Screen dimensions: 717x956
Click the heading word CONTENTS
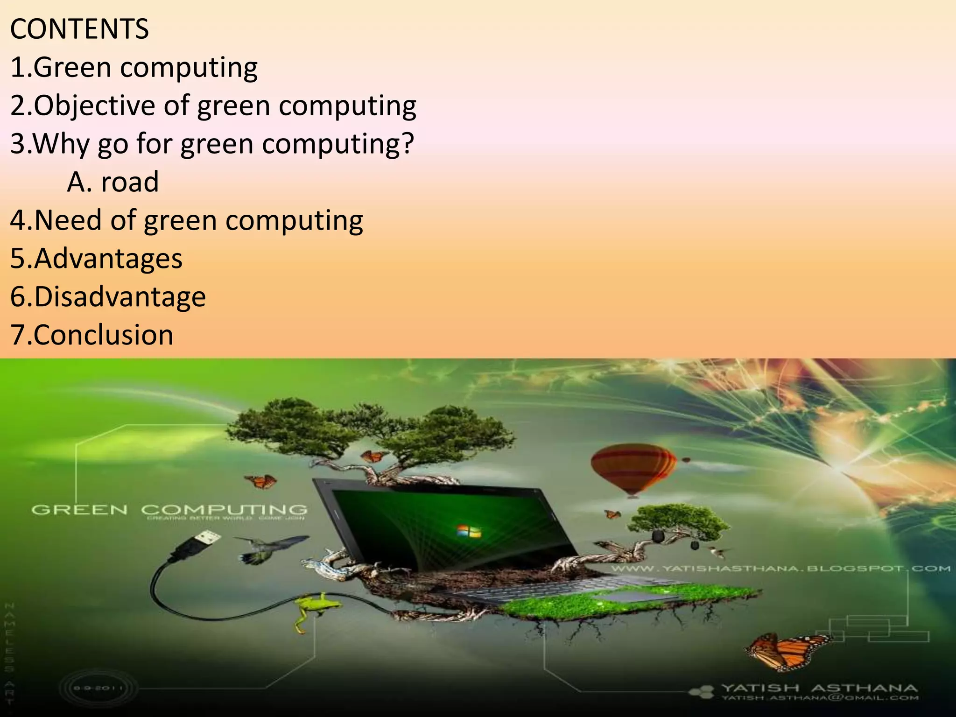pos(79,29)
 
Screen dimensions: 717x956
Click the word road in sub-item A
pos(130,182)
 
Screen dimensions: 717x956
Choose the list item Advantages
pos(96,258)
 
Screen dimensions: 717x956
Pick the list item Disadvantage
pos(108,296)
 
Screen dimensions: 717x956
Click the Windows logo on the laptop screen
pos(468,531)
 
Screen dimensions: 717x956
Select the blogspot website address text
pos(780,569)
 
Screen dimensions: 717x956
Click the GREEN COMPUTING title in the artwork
pos(169,509)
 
